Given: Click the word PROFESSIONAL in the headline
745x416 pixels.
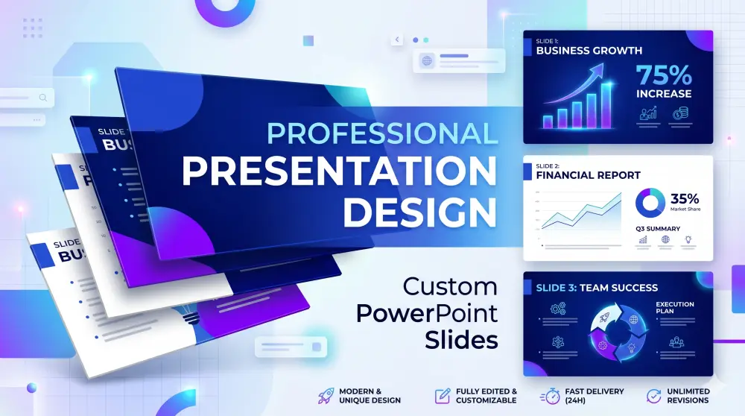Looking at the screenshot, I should coord(381,133).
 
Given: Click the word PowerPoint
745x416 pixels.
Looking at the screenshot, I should coord(426,313).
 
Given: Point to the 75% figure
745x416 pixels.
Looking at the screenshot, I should coord(664,75).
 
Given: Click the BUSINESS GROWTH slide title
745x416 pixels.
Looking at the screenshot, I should coord(589,51).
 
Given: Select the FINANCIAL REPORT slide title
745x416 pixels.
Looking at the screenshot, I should coord(588,175).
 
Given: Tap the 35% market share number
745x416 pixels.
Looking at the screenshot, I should coord(685,199).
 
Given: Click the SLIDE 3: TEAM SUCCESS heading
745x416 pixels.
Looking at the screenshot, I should coord(592,287).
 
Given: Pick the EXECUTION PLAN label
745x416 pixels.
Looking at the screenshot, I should coord(674,309).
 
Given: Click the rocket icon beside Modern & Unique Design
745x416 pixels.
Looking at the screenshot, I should coord(325,396).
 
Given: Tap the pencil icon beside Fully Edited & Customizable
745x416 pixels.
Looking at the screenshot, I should coord(443,396).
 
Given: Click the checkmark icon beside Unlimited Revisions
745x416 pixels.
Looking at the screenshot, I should coord(653,396).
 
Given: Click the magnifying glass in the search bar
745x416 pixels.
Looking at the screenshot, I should coord(43,97).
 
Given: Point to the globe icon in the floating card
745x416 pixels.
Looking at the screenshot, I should coord(427,61).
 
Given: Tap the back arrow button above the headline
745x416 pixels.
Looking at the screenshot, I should coord(397,40).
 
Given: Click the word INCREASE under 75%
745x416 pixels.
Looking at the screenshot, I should coord(663,94).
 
